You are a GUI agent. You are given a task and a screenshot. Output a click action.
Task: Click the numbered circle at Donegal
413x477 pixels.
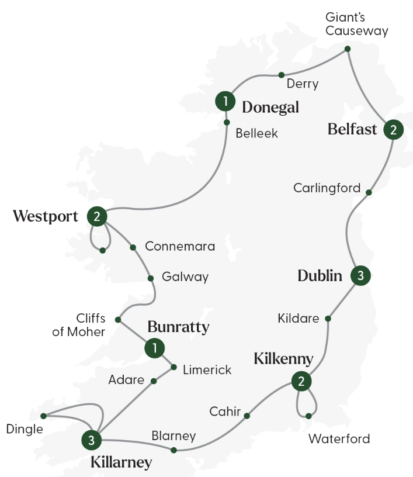[x=225, y=102]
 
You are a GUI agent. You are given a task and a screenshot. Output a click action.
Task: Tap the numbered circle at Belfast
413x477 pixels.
[x=393, y=130]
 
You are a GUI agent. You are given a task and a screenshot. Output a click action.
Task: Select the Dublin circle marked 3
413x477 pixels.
[x=360, y=275]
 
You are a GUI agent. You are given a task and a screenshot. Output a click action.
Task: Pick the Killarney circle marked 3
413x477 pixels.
[x=92, y=439]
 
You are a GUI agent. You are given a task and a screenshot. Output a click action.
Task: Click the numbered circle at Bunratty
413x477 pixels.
[x=154, y=348]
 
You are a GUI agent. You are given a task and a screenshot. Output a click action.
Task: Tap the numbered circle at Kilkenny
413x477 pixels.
[x=301, y=382]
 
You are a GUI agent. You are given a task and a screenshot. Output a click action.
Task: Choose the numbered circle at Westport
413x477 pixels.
[x=96, y=217]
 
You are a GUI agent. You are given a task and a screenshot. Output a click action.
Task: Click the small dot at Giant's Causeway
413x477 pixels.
[x=348, y=49]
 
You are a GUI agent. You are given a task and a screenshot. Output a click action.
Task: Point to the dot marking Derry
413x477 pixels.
[x=281, y=75]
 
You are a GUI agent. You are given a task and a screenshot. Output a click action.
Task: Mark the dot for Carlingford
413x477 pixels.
[x=368, y=192]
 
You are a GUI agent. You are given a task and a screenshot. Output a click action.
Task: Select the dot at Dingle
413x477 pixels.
[x=44, y=416]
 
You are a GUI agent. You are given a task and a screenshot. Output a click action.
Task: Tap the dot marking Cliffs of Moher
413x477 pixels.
[x=118, y=320]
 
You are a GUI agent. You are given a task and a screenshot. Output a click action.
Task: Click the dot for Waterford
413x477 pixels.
[x=308, y=416]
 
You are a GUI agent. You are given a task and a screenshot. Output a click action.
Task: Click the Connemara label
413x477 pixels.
[x=180, y=246]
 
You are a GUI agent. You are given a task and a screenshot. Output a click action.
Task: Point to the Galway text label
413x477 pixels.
[x=185, y=277]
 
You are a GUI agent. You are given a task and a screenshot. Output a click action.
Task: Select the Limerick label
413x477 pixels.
[x=207, y=369]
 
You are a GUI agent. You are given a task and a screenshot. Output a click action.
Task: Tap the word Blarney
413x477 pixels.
[x=173, y=435]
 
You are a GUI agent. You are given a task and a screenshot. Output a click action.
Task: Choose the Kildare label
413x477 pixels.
[x=299, y=319]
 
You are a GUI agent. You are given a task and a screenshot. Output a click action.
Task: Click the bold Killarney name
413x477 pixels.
[x=122, y=462]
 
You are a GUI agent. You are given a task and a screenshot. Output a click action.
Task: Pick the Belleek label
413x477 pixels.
[x=256, y=133]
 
